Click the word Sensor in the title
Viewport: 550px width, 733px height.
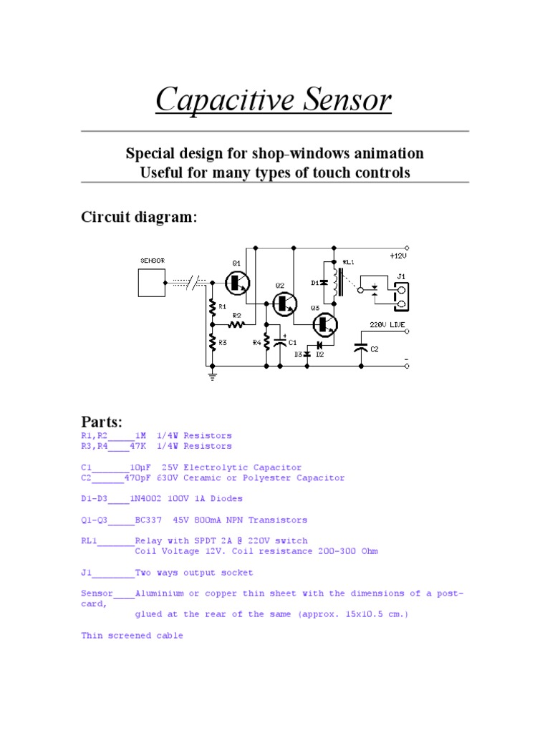(x=343, y=99)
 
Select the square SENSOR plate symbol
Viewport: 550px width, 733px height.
(x=152, y=283)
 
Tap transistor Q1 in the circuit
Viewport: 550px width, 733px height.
(x=237, y=283)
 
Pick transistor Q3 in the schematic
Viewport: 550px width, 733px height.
(x=327, y=324)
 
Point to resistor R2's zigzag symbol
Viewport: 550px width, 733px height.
(x=237, y=324)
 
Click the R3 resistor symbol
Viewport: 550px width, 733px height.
(x=212, y=342)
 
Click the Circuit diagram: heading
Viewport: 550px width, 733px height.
(x=137, y=217)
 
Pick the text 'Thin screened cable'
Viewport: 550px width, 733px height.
(x=132, y=635)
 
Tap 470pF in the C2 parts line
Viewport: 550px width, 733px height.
(x=139, y=477)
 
